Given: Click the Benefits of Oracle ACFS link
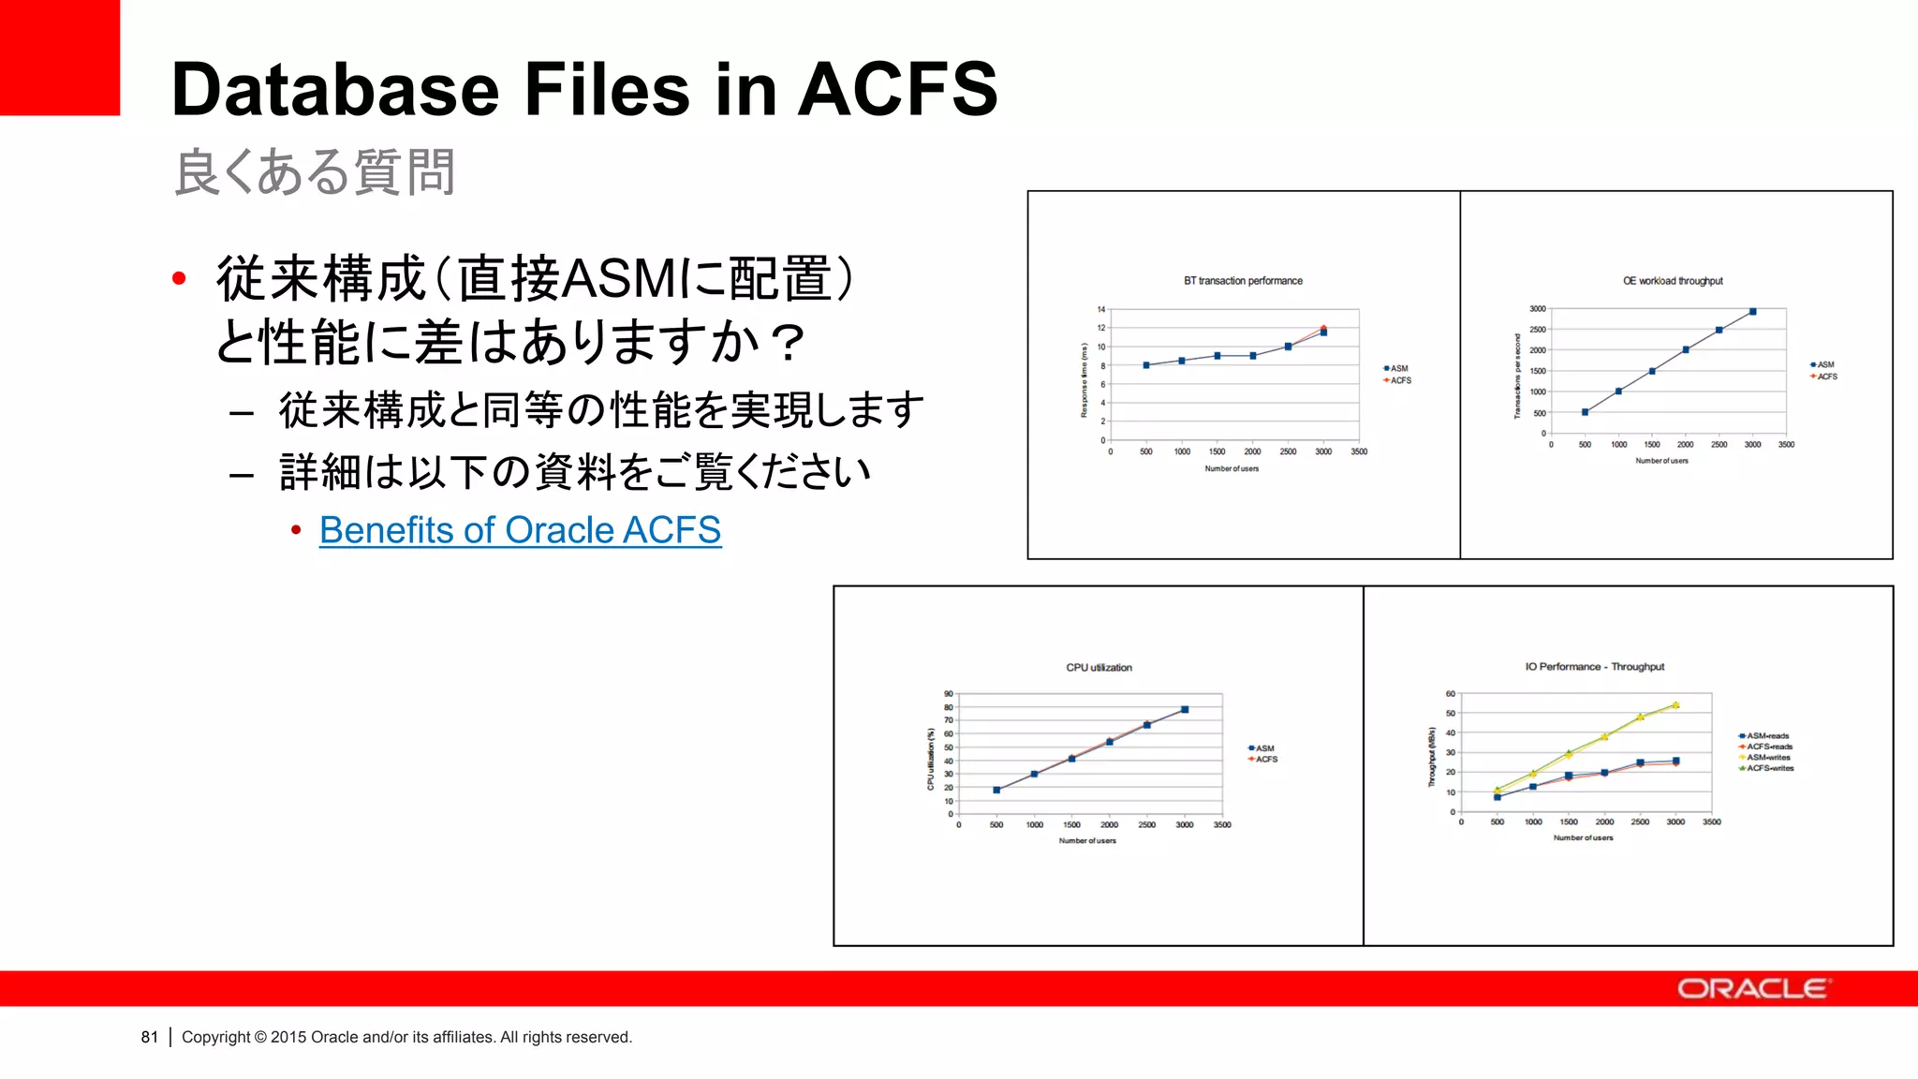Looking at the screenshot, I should [520, 530].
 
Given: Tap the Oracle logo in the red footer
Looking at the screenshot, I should [1752, 989].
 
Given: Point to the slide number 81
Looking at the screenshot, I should [150, 1037].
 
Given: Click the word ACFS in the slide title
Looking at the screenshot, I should [897, 90].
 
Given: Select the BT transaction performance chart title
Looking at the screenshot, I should [1243, 281].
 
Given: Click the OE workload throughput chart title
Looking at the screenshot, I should [1673, 281].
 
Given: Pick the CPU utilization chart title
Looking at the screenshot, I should [1099, 668].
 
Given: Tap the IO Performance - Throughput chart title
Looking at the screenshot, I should [1594, 667].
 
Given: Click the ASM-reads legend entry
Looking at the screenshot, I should [1767, 736].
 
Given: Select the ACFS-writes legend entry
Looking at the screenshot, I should [1770, 768].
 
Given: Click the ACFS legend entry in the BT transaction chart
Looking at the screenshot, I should [1400, 381].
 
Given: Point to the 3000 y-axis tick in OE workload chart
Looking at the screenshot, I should [1538, 309].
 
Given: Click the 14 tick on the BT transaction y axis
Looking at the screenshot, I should [1101, 310].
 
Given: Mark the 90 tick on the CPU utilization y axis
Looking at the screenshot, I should [948, 695].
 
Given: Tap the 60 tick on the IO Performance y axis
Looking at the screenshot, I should [1451, 694].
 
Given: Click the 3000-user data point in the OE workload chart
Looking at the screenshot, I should [1752, 312].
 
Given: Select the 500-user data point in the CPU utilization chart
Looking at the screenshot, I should [996, 791].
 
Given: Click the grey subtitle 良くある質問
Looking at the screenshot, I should [315, 172].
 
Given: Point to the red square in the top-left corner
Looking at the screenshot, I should [60, 57].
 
